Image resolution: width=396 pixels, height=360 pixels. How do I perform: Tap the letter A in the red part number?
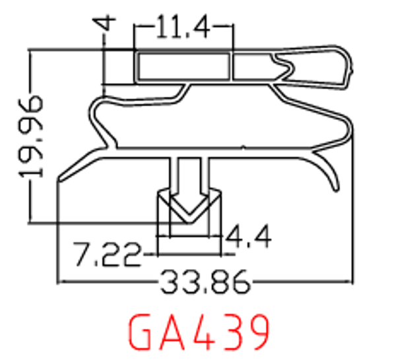[x=177, y=332]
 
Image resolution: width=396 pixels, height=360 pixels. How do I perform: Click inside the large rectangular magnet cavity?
[x=183, y=67]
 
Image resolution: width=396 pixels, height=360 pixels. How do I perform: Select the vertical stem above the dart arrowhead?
[x=189, y=173]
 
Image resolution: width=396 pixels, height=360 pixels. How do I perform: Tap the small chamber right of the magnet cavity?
[x=255, y=67]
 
